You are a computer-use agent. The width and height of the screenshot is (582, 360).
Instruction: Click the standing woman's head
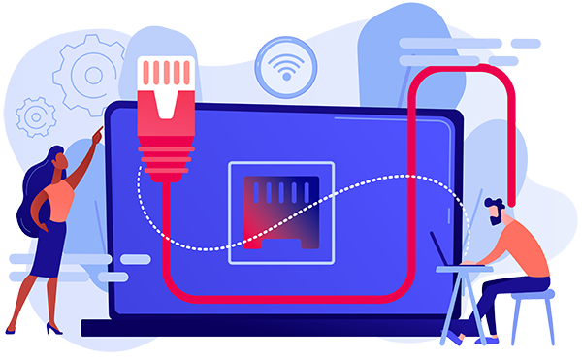point(57,161)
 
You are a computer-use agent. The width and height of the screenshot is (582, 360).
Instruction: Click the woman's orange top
point(59,199)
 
